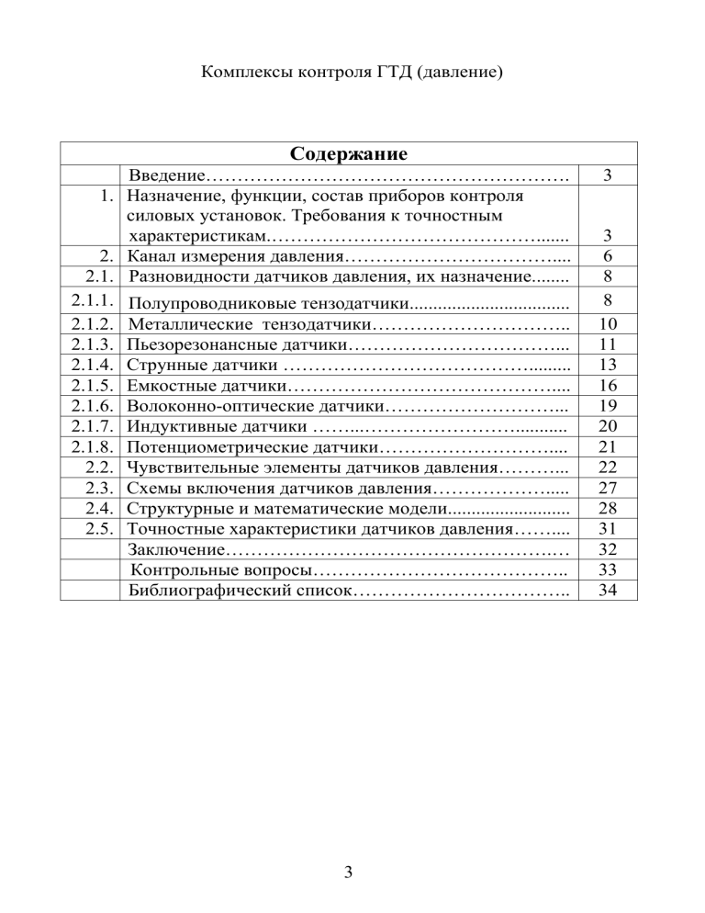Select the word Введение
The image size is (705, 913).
(x=165, y=175)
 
